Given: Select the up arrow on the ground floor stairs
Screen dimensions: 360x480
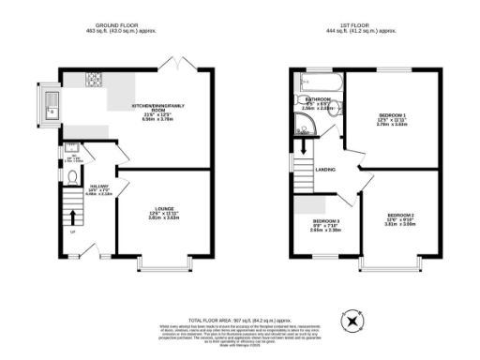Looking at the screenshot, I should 73,219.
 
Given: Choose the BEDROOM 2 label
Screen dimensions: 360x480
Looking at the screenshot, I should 399,218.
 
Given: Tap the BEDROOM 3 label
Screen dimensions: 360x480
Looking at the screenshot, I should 326,224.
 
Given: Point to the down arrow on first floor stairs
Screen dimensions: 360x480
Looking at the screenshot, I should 303,174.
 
